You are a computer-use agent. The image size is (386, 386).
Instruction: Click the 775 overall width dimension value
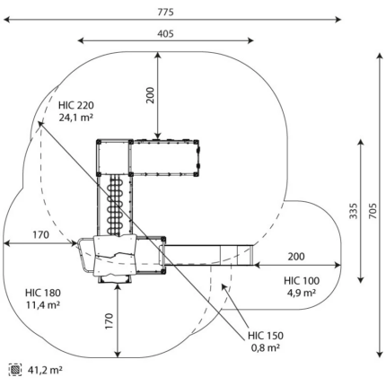[x=165, y=12]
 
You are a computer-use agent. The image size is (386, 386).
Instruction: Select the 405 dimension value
[x=165, y=33]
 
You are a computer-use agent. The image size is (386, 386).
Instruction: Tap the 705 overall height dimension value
[x=373, y=211]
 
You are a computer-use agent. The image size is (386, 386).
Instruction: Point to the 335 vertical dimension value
[x=354, y=211]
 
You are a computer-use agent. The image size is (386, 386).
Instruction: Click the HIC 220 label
[x=76, y=105]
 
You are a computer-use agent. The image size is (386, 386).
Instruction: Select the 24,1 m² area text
[x=75, y=118]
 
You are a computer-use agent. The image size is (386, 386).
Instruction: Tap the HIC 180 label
[x=43, y=293]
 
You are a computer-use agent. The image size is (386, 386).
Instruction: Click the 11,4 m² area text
[x=43, y=304]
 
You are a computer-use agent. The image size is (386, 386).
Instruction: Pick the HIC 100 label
[x=302, y=281]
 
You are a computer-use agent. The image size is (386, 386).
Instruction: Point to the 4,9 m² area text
[x=302, y=293]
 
